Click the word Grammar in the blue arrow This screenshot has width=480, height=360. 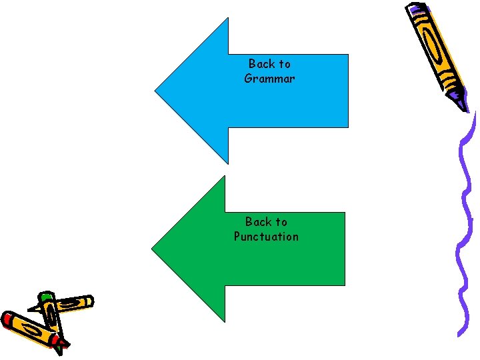point(269,79)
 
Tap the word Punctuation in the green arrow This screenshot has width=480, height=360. point(266,237)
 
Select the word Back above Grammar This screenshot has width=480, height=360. point(261,64)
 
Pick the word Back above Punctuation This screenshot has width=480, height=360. point(257,222)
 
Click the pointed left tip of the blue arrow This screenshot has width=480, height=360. point(156,91)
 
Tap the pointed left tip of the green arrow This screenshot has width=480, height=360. point(153,249)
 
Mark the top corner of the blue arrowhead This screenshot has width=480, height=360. point(227,19)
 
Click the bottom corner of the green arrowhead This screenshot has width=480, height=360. point(225,321)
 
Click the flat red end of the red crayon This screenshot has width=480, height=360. point(7,318)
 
